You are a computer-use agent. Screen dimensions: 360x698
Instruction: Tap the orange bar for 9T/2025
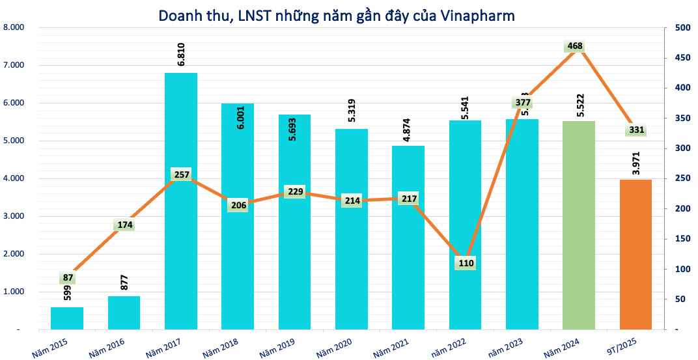[635, 254]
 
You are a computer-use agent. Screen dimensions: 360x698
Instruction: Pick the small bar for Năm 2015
[67, 318]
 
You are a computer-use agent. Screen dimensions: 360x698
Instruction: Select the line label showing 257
[182, 174]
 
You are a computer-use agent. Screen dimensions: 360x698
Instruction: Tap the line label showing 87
[68, 278]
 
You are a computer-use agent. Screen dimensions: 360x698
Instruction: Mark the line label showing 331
[636, 130]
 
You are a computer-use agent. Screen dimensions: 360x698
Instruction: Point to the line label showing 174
[124, 225]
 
